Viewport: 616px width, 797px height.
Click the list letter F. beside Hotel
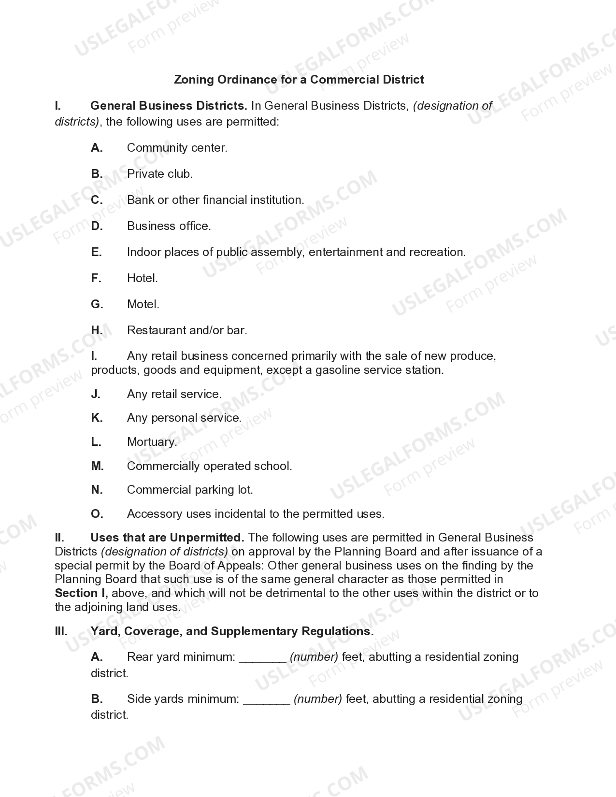click(x=96, y=278)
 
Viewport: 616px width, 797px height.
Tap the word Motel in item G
click(x=142, y=304)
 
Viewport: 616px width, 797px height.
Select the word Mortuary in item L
click(x=152, y=442)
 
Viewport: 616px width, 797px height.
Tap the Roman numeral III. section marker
click(x=61, y=631)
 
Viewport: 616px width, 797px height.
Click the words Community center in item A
click(x=177, y=148)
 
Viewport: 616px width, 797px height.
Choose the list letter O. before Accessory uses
click(x=97, y=514)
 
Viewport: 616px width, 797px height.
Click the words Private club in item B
click(x=159, y=174)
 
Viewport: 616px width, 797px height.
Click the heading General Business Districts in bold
click(x=169, y=106)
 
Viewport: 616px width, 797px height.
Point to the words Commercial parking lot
click(x=190, y=490)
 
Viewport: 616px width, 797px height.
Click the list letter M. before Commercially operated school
click(x=97, y=466)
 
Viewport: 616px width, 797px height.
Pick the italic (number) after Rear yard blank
click(x=314, y=657)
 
